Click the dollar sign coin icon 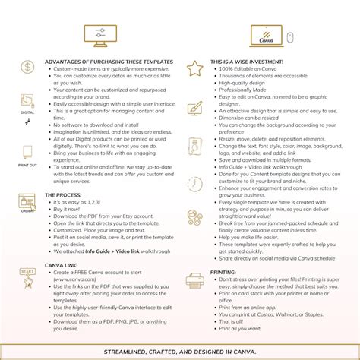[27, 68]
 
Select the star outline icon [195, 68]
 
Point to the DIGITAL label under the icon [27, 112]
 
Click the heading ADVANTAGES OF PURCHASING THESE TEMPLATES [109, 62]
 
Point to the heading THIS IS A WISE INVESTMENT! [258, 62]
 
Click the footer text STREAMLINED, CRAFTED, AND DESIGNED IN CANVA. [180, 351]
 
